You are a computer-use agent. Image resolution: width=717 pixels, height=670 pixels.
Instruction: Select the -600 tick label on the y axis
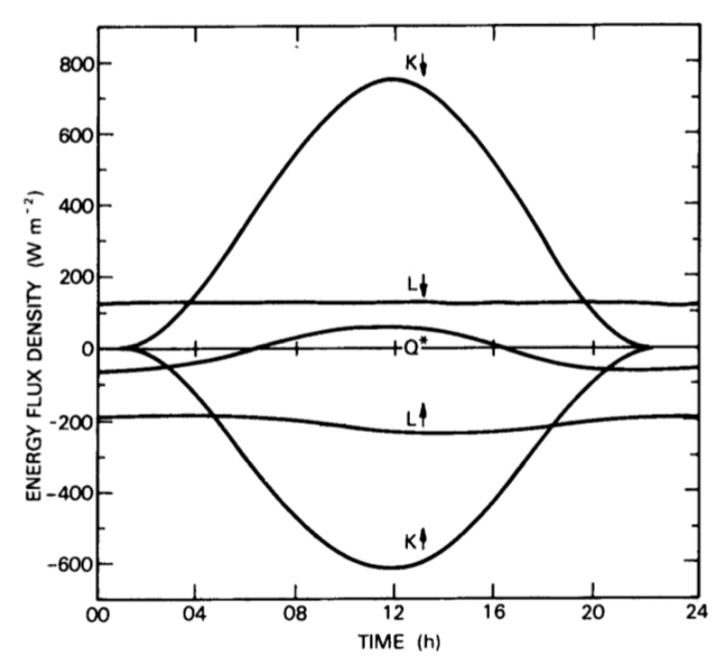coord(59,564)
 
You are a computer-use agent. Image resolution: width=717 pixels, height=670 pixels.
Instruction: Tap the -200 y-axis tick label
coord(59,421)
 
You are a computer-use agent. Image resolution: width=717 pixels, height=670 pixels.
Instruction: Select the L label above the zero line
coord(410,286)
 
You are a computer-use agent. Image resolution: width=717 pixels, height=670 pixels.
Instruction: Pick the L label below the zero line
coord(410,416)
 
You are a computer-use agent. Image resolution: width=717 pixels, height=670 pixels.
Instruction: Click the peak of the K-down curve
coord(393,78)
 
